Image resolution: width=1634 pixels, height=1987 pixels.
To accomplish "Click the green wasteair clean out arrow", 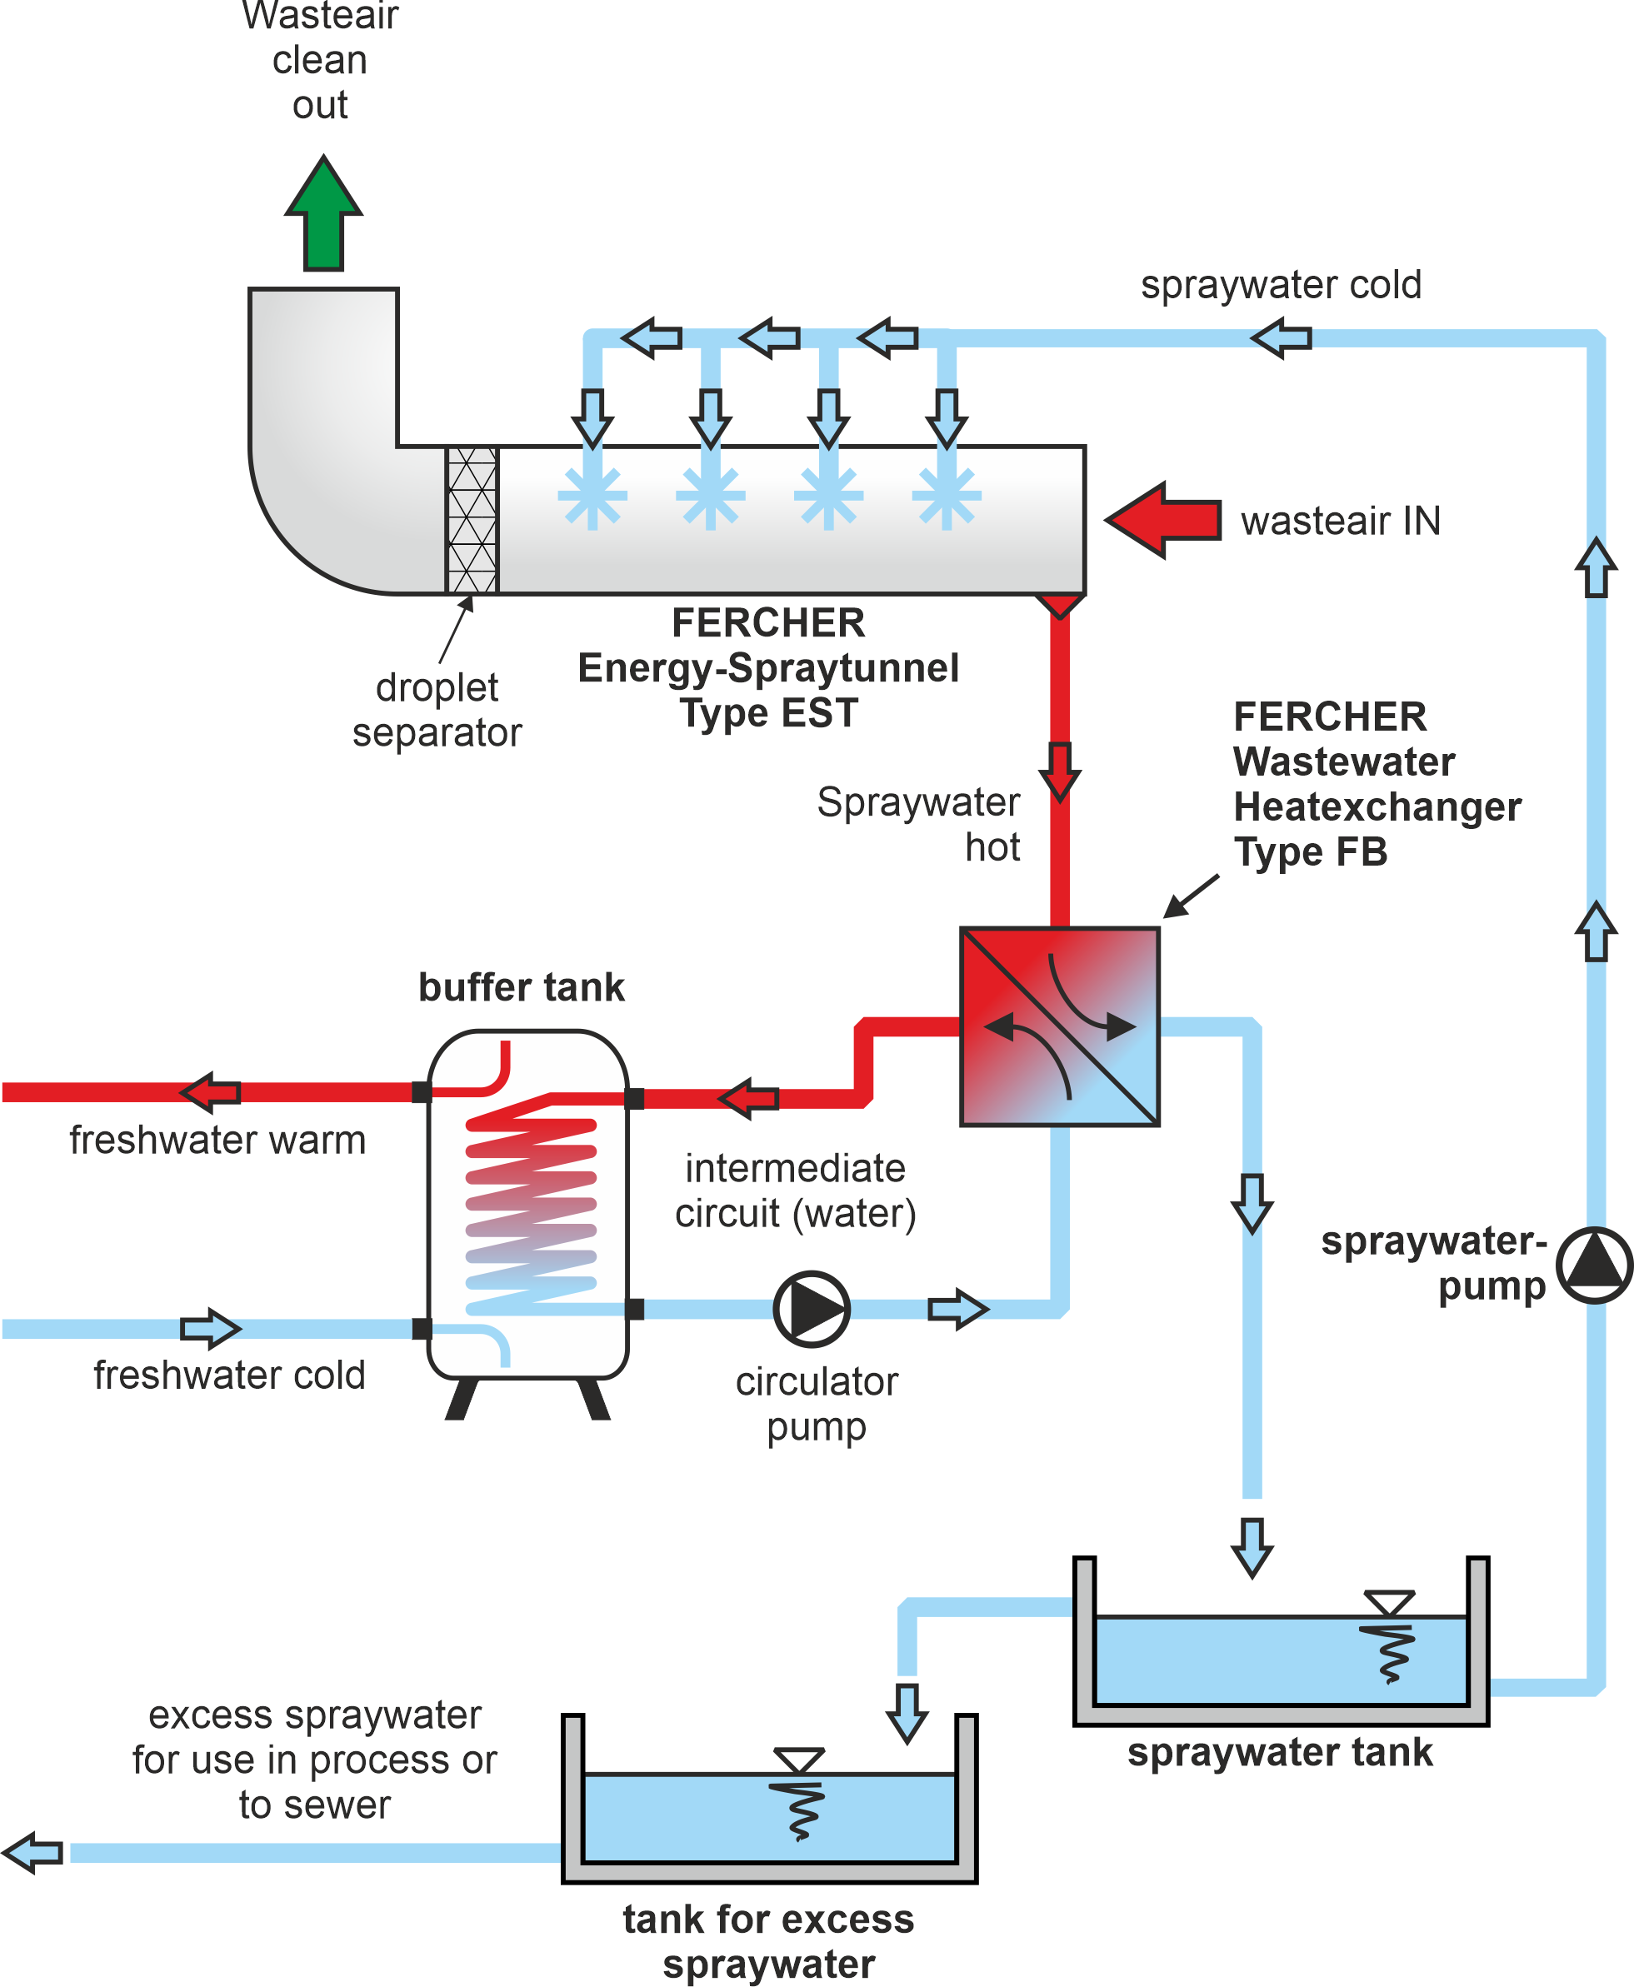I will tap(322, 215).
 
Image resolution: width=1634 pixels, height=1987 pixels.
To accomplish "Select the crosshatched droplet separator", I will tap(472, 520).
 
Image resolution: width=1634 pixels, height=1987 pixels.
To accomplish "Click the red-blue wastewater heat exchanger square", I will tap(1059, 1026).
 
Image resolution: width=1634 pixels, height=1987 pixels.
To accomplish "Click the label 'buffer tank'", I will tap(521, 987).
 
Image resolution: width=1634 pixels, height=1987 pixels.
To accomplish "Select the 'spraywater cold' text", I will tap(1280, 284).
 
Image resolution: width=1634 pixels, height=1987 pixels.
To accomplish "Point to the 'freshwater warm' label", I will tap(217, 1140).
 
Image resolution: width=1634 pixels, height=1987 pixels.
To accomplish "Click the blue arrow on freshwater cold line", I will tap(211, 1328).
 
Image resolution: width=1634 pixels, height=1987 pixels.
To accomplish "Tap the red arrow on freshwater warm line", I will tap(211, 1092).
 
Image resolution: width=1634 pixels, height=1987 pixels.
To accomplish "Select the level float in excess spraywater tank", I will tap(799, 1793).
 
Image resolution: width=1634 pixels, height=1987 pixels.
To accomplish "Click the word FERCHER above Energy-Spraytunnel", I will tap(768, 623).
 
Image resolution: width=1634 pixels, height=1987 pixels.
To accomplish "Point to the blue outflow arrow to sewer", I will tap(33, 1852).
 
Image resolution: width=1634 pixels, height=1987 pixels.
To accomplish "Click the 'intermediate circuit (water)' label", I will tap(796, 1191).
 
